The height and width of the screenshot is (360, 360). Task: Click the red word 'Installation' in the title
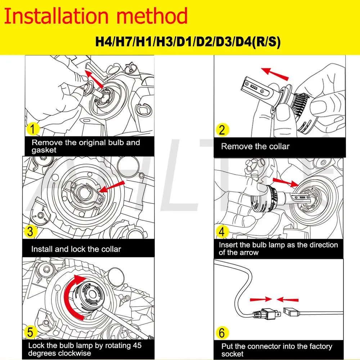pos(57,16)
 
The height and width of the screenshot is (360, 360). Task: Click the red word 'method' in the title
pos(152,16)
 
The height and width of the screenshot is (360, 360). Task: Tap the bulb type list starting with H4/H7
pos(188,42)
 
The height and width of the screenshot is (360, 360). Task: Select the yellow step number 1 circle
pos(33,129)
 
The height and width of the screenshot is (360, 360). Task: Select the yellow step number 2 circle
pos(222,130)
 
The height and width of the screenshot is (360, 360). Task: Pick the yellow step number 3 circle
pos(31,231)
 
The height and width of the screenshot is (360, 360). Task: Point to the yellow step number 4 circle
pos(222,231)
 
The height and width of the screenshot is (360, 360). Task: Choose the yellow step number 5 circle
pos(30,332)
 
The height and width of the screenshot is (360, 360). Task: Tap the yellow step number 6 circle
pos(222,333)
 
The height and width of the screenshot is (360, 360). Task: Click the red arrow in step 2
pos(275,74)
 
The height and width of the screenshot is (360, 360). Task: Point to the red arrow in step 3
pos(112,187)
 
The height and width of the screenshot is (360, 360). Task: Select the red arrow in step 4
pos(285,183)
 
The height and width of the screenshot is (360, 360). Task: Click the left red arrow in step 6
pos(261,300)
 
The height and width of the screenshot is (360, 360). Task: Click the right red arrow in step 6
pos(287,300)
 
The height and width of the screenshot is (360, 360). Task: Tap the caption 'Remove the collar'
pos(255,146)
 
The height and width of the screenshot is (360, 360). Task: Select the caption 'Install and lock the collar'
pos(76,249)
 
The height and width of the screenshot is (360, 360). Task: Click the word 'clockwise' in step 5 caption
pos(76,353)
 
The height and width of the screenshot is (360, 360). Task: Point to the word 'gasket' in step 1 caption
pos(44,150)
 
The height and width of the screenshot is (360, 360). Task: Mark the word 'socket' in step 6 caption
pos(232,354)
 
